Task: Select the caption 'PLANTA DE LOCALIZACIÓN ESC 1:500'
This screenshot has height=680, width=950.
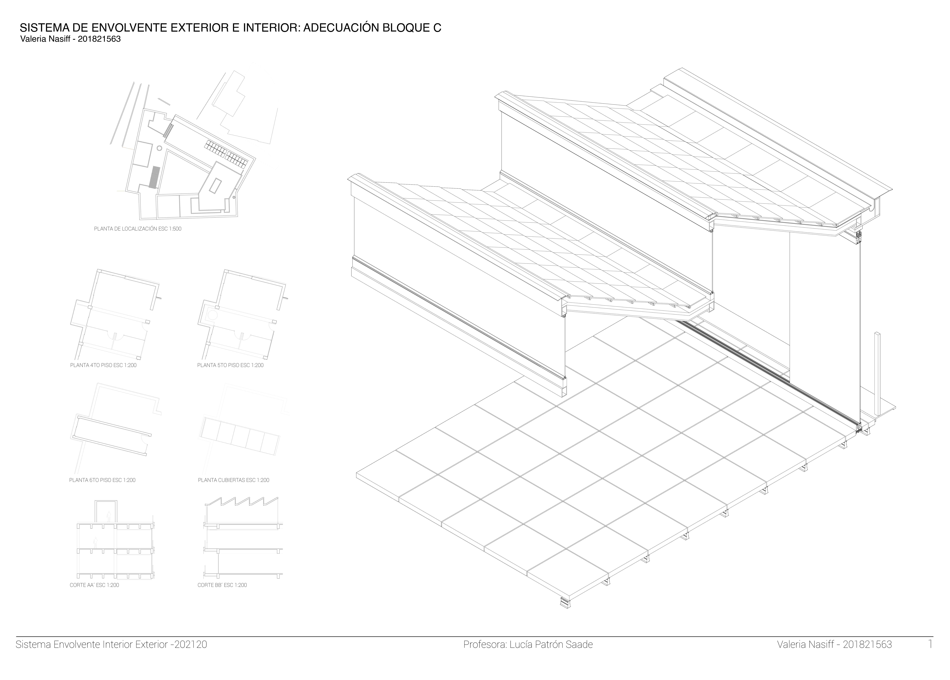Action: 137,229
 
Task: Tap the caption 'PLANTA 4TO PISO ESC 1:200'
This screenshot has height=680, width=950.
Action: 103,365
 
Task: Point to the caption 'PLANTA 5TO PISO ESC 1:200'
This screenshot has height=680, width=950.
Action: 230,365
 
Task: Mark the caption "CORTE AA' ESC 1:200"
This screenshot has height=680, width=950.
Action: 94,585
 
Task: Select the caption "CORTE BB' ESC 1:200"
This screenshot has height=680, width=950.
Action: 222,585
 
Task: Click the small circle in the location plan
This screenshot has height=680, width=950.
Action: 159,148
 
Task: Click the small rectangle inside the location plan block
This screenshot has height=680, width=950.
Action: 215,185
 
